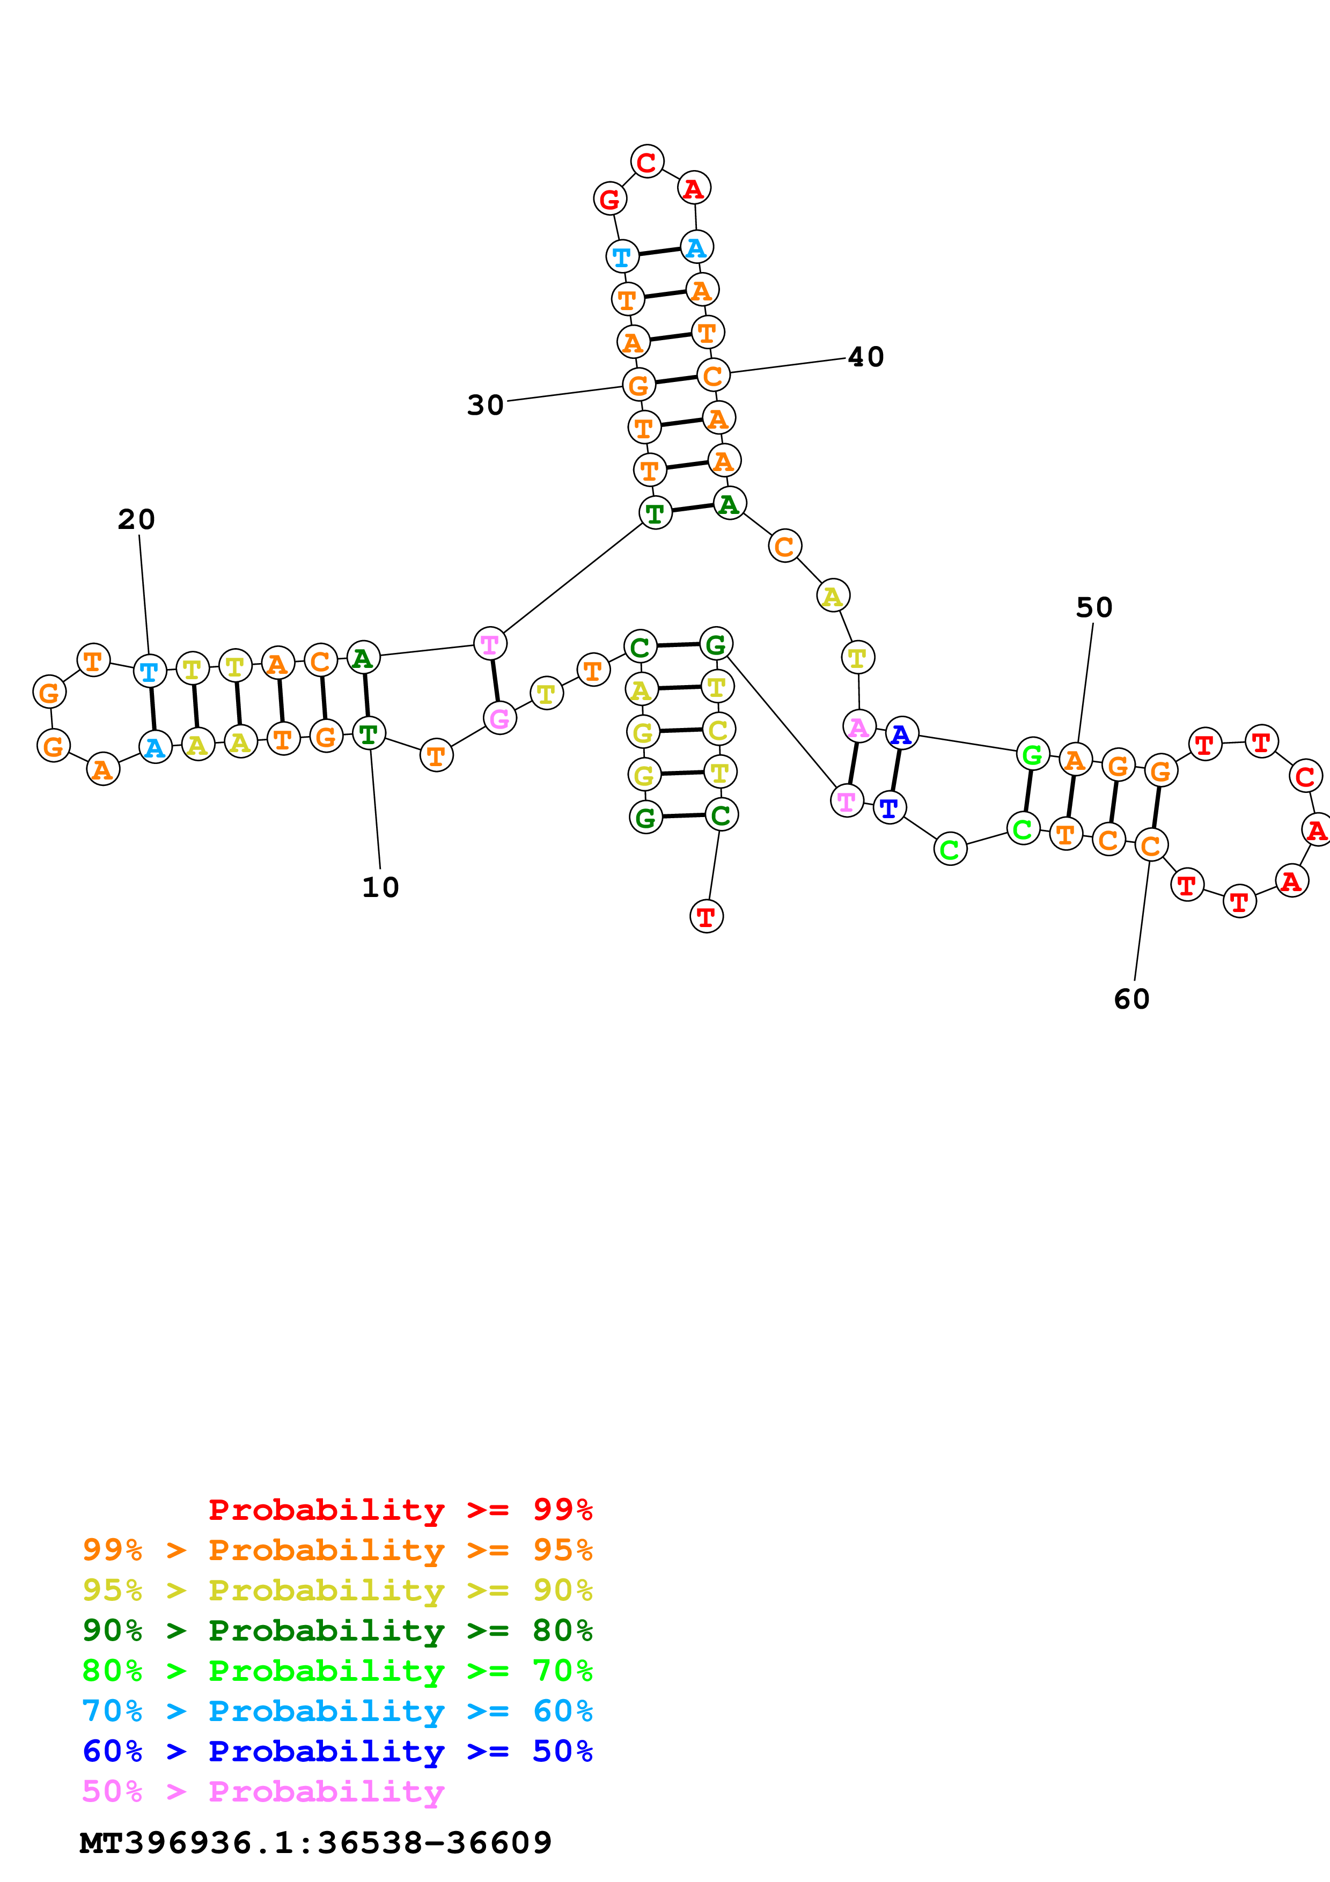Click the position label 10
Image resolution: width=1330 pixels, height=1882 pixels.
point(380,887)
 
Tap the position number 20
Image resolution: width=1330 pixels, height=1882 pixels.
point(136,519)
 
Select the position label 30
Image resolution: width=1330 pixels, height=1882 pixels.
point(485,405)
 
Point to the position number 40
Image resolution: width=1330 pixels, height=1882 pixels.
point(865,357)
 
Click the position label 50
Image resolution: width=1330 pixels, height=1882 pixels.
point(1094,607)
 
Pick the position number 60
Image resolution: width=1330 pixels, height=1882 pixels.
point(1131,998)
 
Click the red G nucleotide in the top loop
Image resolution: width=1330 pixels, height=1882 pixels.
point(609,199)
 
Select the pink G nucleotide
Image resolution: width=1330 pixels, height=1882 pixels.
point(499,719)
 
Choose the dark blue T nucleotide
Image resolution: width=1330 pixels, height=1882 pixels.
point(889,808)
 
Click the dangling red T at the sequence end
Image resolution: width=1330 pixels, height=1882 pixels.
point(706,916)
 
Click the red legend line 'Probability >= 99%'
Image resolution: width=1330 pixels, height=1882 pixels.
point(400,1509)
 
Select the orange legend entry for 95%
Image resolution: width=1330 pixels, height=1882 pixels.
point(337,1549)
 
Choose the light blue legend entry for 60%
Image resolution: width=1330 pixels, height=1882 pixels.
point(337,1711)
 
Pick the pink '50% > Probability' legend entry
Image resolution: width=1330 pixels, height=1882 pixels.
point(263,1791)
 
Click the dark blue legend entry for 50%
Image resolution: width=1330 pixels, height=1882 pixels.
point(337,1751)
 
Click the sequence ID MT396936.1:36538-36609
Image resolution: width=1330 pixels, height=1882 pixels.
point(315,1843)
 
